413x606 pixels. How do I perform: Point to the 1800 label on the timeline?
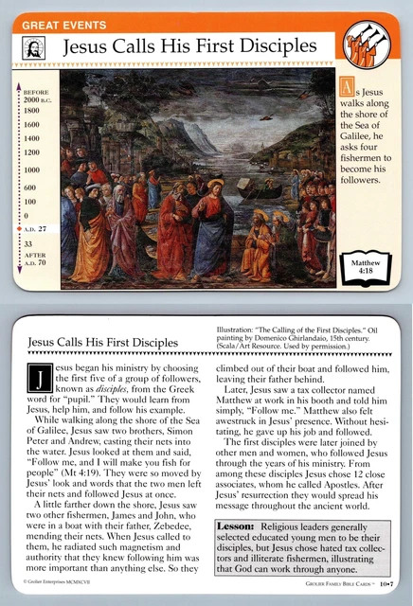coord(32,109)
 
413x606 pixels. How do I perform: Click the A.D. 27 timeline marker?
coord(35,229)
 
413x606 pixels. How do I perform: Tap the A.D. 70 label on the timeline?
coord(35,266)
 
